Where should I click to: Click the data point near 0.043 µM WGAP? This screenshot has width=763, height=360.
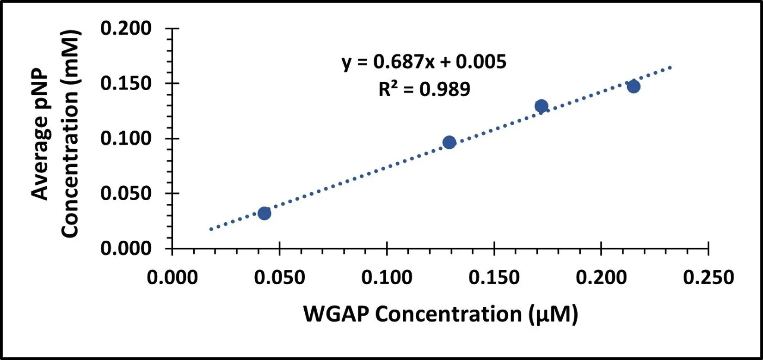point(264,213)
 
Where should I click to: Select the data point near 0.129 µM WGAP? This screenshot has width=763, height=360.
point(449,142)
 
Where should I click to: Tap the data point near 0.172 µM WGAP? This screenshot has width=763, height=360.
point(541,106)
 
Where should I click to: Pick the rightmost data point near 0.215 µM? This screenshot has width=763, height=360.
point(634,86)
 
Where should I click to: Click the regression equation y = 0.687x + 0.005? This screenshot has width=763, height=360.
point(424,62)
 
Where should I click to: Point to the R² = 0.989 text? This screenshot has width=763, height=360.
point(424,89)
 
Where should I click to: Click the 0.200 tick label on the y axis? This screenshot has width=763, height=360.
point(126,29)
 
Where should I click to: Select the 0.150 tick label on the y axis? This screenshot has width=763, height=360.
point(126,84)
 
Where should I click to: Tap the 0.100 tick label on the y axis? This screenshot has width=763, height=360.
point(126,139)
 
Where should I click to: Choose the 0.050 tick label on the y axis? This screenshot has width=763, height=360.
point(126,194)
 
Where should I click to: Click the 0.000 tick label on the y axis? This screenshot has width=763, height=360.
point(126,249)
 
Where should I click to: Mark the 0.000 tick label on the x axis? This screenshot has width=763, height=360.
point(172,278)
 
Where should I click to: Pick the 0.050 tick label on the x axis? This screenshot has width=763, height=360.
point(279,278)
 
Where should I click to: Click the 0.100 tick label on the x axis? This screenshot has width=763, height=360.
point(387,278)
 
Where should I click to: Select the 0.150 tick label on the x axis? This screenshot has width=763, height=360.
point(494,278)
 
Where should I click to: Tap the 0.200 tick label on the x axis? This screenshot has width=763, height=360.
point(601,278)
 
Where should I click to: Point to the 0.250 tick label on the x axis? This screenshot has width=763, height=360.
point(708,278)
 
